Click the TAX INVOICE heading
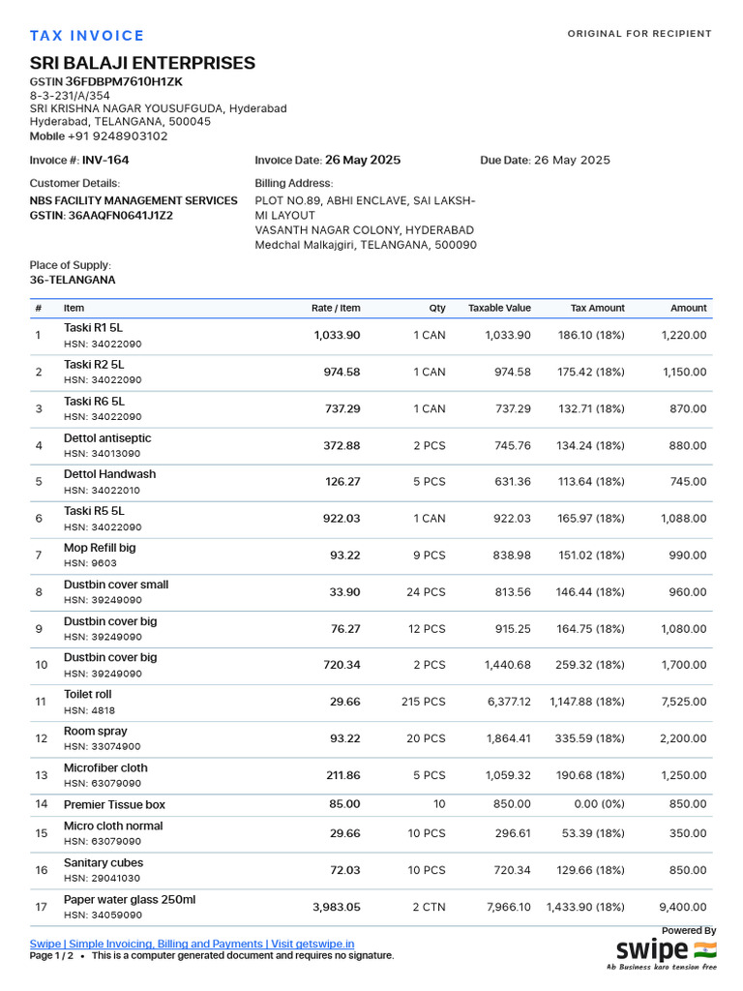[87, 36]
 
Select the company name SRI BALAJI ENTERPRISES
[142, 63]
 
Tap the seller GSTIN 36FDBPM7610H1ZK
[124, 82]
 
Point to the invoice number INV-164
[105, 161]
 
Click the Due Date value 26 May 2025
[572, 161]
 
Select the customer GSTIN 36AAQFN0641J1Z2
[120, 216]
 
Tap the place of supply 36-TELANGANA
[73, 280]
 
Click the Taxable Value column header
[499, 308]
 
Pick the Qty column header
[437, 308]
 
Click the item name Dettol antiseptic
[107, 438]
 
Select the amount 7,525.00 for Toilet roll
[684, 702]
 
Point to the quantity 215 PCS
[423, 702]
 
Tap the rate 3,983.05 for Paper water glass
[336, 907]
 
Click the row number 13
[41, 775]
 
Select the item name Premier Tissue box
[114, 804]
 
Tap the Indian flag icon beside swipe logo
[705, 949]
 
